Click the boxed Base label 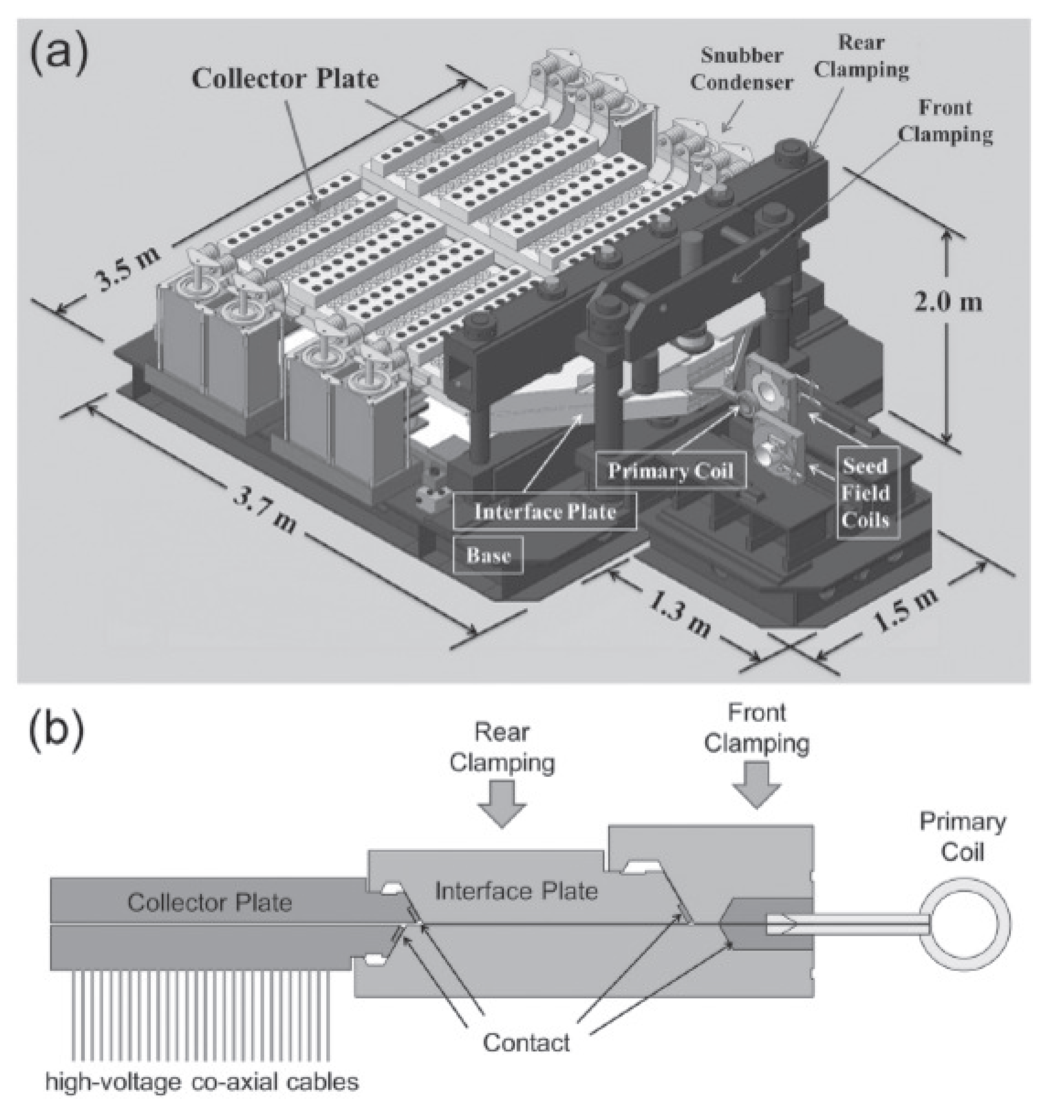(488, 554)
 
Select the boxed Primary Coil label (670, 470)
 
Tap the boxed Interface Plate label (545, 511)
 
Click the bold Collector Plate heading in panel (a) (285, 78)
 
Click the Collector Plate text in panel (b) (210, 903)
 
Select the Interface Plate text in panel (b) (516, 891)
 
